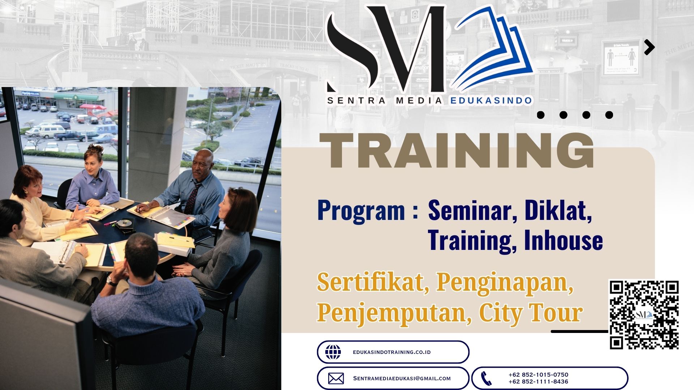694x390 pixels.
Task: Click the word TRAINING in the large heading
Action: (x=457, y=151)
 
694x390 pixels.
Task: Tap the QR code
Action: (x=644, y=315)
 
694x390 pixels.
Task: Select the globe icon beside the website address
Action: (x=333, y=352)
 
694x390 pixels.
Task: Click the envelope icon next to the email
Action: (x=336, y=378)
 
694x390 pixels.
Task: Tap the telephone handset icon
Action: (x=487, y=378)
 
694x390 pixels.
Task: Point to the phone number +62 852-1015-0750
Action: (x=538, y=375)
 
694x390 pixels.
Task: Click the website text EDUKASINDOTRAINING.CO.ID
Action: (x=392, y=352)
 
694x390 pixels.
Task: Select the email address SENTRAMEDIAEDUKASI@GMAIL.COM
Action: (x=402, y=378)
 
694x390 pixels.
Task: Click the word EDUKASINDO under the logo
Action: (x=491, y=101)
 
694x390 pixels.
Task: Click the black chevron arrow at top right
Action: (x=650, y=47)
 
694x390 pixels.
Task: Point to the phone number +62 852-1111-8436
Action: (x=538, y=382)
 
